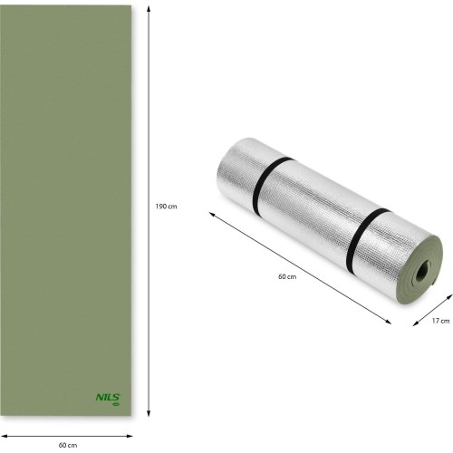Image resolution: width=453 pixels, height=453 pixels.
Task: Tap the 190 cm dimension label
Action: click(x=166, y=207)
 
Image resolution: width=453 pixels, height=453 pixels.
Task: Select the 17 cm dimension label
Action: click(x=440, y=321)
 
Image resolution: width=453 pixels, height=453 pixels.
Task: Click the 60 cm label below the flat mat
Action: click(x=68, y=445)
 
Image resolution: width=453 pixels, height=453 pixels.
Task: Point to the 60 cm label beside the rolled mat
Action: click(x=287, y=276)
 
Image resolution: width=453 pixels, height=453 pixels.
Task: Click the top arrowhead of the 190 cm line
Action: click(x=149, y=9)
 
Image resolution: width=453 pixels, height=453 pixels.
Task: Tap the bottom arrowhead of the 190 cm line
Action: click(x=149, y=413)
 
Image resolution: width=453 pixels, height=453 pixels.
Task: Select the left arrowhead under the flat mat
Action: click(x=5, y=436)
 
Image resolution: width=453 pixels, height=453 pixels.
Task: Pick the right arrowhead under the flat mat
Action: click(x=130, y=436)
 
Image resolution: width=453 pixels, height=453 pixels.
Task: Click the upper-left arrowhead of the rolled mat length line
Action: click(x=212, y=214)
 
